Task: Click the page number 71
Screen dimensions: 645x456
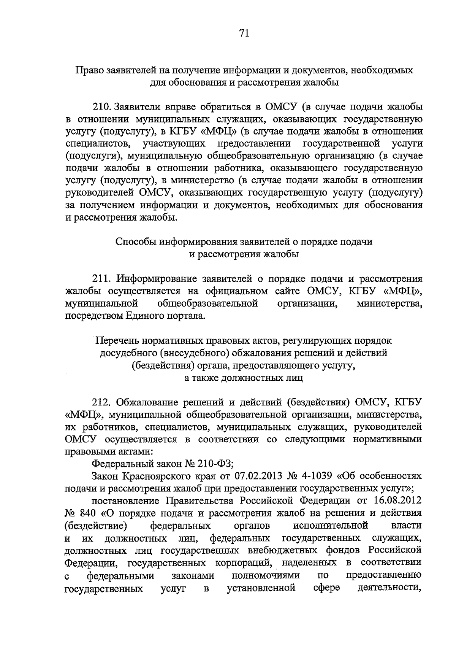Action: [x=244, y=33]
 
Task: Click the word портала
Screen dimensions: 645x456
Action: [x=184, y=316]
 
